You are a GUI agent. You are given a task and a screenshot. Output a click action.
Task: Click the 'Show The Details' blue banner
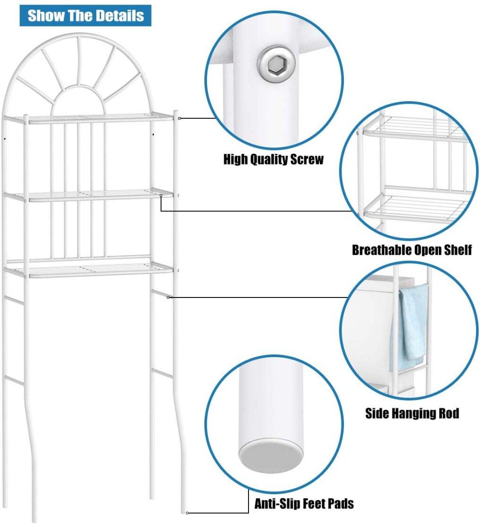click(x=86, y=16)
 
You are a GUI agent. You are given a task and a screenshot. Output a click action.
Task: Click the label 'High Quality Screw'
click(x=274, y=159)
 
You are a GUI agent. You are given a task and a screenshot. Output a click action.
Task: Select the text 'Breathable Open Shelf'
click(x=412, y=250)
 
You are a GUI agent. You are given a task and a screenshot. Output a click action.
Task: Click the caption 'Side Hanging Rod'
click(x=412, y=413)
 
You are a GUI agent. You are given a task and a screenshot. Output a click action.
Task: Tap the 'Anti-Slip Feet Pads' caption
click(x=304, y=503)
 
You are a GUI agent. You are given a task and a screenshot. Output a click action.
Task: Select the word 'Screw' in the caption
click(x=307, y=159)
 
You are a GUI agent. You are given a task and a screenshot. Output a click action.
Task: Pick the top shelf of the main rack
click(x=88, y=118)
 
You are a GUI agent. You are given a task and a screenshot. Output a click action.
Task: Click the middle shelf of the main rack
click(x=88, y=195)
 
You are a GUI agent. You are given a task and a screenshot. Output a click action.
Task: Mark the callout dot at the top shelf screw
click(x=180, y=118)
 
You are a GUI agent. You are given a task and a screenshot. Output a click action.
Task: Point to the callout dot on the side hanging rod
click(x=168, y=297)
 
